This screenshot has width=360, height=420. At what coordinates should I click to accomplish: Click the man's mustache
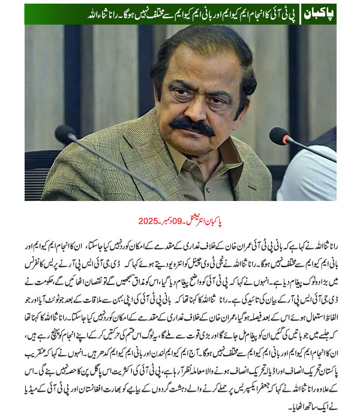pos(190,125)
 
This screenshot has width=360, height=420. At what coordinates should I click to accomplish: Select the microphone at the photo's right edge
pos(281,136)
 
